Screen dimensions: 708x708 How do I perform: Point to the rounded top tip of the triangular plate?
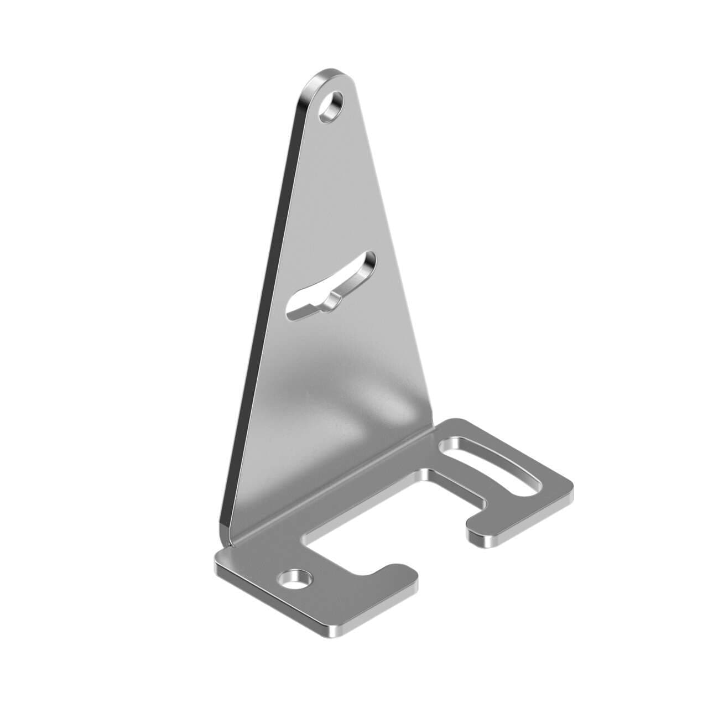click(326, 75)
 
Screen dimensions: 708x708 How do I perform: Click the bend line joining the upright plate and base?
click(332, 487)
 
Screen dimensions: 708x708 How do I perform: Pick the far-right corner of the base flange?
click(570, 487)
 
